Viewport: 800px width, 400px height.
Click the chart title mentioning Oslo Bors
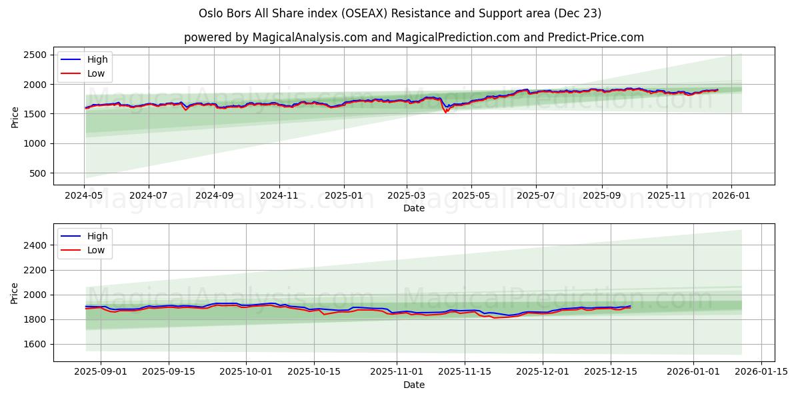[x=400, y=13]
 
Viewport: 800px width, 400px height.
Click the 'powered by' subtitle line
[x=413, y=37]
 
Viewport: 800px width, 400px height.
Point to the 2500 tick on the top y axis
[x=35, y=55]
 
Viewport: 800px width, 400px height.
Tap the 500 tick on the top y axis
[x=38, y=173]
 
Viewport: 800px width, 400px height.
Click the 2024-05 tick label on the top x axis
[x=84, y=196]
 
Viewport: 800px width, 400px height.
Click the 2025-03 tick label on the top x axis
[x=407, y=196]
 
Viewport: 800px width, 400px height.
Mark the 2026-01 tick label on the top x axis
[x=731, y=196]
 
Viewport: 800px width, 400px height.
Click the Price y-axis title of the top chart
[x=15, y=117]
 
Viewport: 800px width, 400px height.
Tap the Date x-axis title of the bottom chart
[x=413, y=385]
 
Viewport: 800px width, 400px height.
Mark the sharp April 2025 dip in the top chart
[x=446, y=111]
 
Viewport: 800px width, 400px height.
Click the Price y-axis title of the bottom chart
[x=15, y=293]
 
